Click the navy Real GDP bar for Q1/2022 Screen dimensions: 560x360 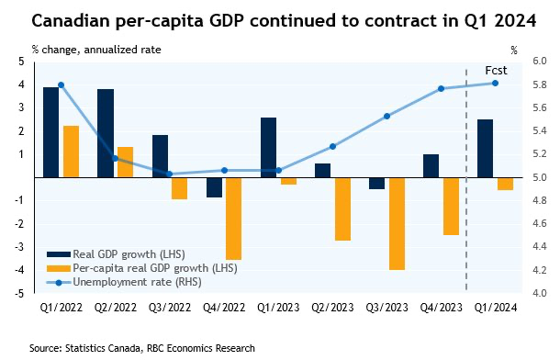click(50, 132)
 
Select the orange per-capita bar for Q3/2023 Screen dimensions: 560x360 click(398, 224)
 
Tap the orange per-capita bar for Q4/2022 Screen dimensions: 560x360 click(234, 219)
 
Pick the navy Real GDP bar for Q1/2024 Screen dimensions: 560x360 click(485, 149)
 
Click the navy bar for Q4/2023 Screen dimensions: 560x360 click(431, 166)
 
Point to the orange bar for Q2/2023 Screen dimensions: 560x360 click(342, 209)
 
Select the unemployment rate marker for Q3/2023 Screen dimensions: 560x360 click(386, 116)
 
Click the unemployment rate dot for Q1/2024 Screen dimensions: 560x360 click(495, 84)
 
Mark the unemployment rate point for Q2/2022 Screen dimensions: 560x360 click(115, 159)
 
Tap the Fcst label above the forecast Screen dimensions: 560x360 click(496, 71)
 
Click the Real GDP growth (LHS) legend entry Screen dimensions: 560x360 click(116, 254)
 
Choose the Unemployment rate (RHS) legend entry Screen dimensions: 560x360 click(124, 282)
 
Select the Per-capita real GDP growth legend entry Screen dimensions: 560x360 click(142, 268)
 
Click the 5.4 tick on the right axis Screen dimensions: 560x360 click(540, 130)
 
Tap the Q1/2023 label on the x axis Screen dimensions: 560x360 click(278, 308)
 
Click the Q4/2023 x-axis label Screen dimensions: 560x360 click(441, 308)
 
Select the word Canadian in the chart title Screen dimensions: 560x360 click(71, 20)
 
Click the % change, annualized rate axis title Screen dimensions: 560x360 click(96, 50)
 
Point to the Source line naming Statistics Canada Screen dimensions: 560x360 click(142, 348)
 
